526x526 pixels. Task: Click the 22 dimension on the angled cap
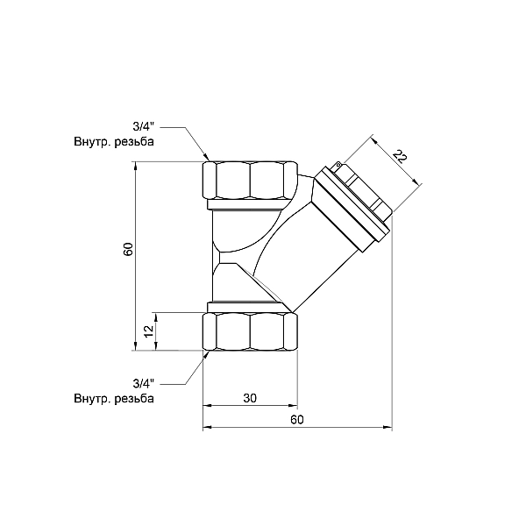pyautogui.click(x=400, y=157)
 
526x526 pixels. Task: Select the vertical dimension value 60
pyautogui.click(x=127, y=248)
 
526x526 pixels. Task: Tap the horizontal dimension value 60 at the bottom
pyautogui.click(x=296, y=419)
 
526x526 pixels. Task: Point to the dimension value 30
pyautogui.click(x=249, y=398)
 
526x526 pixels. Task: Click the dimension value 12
pyautogui.click(x=148, y=331)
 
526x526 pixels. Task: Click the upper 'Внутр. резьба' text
pyautogui.click(x=114, y=142)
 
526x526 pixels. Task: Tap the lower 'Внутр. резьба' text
pyautogui.click(x=114, y=399)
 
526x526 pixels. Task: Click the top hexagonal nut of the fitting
pyautogui.click(x=250, y=181)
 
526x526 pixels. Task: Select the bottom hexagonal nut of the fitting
pyautogui.click(x=250, y=331)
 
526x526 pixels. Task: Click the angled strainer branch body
pyautogui.click(x=307, y=254)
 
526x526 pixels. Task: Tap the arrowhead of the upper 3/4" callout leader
pyautogui.click(x=206, y=157)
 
